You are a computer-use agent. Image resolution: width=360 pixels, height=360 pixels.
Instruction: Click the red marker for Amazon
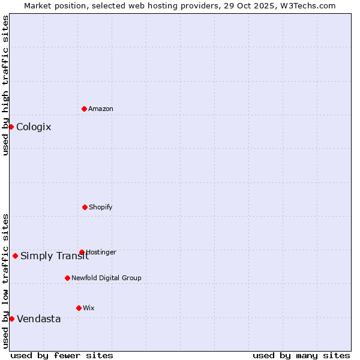tap(85, 109)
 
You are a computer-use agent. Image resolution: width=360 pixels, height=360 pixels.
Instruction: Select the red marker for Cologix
tap(11, 127)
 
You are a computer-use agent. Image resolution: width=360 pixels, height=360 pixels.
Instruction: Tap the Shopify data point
tap(85, 207)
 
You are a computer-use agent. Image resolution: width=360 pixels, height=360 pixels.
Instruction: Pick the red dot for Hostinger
tap(82, 252)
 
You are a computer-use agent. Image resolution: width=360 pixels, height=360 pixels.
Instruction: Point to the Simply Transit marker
tap(15, 256)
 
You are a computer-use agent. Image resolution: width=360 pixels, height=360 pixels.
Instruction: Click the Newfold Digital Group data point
tap(67, 278)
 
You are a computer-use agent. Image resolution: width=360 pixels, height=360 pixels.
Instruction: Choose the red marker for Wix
tap(79, 308)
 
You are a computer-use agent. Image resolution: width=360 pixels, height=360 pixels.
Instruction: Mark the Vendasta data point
tap(11, 319)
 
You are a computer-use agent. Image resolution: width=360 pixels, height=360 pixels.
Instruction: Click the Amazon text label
tap(101, 109)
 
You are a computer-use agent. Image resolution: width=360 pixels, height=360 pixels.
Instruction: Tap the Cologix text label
tap(34, 127)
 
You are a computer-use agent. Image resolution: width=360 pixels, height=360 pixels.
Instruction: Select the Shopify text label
tap(101, 207)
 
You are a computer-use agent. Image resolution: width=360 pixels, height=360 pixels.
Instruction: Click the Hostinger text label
tap(101, 252)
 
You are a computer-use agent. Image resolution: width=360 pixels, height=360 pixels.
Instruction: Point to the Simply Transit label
tap(55, 256)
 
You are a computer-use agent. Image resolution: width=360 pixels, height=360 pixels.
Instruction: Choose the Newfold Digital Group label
tap(106, 278)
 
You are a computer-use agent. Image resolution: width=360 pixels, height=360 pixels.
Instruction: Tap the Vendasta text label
tap(39, 319)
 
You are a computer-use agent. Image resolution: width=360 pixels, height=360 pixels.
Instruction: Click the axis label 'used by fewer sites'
tap(62, 355)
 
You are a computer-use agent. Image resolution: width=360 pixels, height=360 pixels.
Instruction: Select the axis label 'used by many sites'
tap(301, 355)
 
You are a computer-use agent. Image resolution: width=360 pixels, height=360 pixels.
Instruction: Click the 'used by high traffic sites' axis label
tap(5, 85)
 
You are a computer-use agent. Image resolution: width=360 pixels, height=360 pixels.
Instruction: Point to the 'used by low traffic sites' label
tap(5, 281)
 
